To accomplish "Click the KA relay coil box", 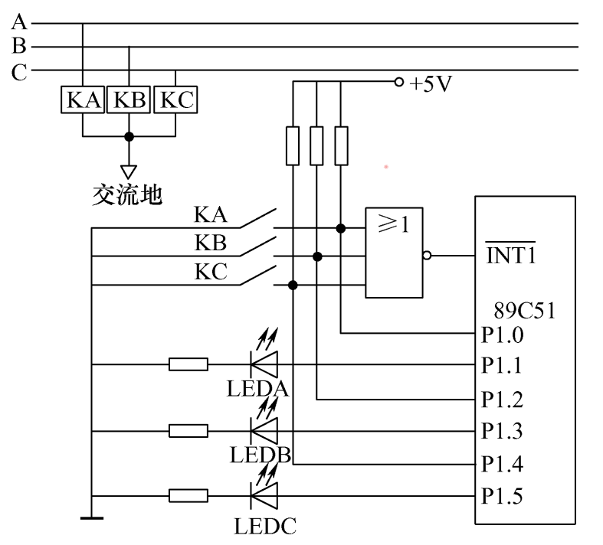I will pyautogui.click(x=82, y=100).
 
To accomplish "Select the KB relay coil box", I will pyautogui.click(x=129, y=100).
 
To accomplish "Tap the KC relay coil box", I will pyautogui.click(x=175, y=100).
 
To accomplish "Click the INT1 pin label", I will pyautogui.click(x=510, y=254).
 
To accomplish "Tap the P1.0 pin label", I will pyautogui.click(x=502, y=335).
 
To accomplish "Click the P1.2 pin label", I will pyautogui.click(x=502, y=400).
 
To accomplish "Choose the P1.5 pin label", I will pyautogui.click(x=502, y=496).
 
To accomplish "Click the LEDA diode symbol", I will pyautogui.click(x=265, y=364).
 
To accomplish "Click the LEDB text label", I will pyautogui.click(x=259, y=455).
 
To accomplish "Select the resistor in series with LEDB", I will pyautogui.click(x=188, y=431).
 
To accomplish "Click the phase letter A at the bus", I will pyautogui.click(x=18, y=23).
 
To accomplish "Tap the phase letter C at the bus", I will pyautogui.click(x=18, y=73).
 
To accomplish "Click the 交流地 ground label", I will pyautogui.click(x=127, y=194).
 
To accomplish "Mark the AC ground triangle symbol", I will pyautogui.click(x=129, y=170).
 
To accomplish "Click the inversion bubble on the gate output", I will pyautogui.click(x=427, y=256).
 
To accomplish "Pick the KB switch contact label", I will pyautogui.click(x=210, y=243).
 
